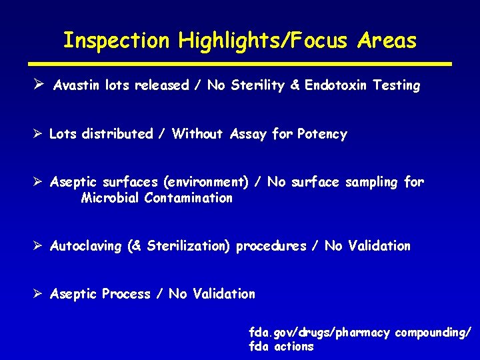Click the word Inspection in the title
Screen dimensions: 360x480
tap(117, 41)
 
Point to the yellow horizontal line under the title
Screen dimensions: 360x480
tap(240, 64)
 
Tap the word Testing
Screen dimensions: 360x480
tap(397, 85)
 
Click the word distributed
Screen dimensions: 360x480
tap(117, 134)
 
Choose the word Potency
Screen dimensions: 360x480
tap(322, 134)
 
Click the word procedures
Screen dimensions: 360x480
tap(271, 246)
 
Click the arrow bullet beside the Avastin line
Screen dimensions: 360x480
tap(39, 85)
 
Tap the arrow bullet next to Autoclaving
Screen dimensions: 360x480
tap(39, 245)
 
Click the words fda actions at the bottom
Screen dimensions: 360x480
tap(281, 347)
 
